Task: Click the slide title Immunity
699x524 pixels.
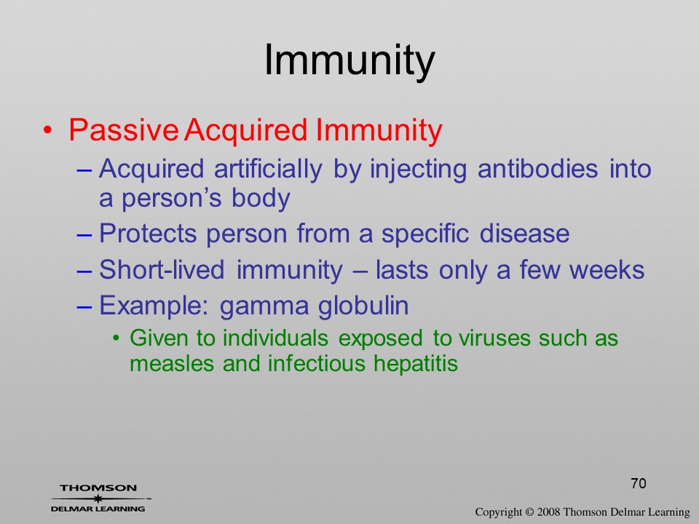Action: click(349, 61)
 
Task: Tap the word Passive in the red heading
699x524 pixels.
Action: click(124, 130)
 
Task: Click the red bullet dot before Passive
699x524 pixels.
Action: click(48, 130)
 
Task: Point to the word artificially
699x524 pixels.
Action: click(267, 170)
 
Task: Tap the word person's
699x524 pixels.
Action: click(172, 199)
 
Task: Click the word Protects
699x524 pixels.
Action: click(148, 234)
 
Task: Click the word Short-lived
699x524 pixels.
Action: click(162, 269)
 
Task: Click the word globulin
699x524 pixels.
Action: click(363, 305)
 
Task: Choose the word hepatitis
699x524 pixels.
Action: click(416, 364)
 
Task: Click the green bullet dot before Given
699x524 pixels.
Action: click(116, 338)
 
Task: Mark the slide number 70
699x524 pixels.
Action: click(639, 483)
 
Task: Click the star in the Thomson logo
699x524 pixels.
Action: click(97, 499)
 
